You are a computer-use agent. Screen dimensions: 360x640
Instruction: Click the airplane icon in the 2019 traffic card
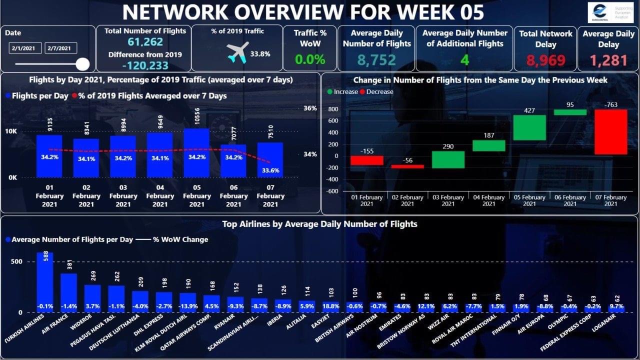click(x=237, y=52)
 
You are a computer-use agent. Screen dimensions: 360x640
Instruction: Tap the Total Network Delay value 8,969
click(x=545, y=60)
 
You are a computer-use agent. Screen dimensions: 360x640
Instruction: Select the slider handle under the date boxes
click(x=83, y=64)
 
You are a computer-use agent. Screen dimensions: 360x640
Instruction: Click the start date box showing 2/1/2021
click(x=25, y=48)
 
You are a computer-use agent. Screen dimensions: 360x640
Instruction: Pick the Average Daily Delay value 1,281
click(x=608, y=60)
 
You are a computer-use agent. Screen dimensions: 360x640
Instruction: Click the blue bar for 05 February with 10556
click(x=197, y=152)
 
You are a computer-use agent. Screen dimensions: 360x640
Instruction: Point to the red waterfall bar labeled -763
click(x=610, y=132)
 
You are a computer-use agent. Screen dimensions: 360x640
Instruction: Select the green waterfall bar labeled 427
click(x=529, y=127)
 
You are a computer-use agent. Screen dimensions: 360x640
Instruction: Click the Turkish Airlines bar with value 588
click(x=45, y=282)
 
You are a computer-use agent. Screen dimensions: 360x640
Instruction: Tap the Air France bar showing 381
click(x=69, y=292)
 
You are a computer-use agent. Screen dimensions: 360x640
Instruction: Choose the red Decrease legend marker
click(x=362, y=92)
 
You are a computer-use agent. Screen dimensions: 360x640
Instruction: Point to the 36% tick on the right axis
click(x=310, y=108)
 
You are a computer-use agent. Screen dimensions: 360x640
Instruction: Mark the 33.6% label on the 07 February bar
click(x=270, y=170)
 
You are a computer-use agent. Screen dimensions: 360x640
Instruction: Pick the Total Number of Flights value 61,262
click(x=145, y=42)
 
